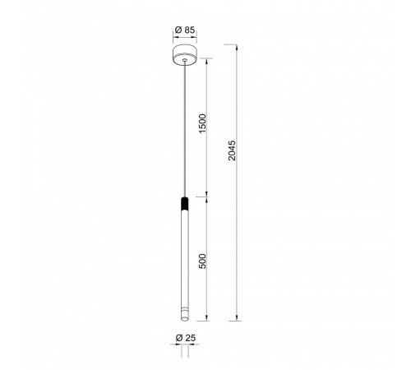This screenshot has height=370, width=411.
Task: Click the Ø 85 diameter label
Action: tap(185, 30)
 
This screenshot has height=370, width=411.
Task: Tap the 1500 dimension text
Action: tap(202, 123)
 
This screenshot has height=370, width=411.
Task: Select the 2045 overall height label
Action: tap(232, 150)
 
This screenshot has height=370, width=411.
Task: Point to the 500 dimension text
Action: tap(202, 261)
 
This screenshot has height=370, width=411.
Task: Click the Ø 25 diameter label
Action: tap(186, 338)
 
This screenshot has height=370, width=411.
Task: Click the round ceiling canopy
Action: tap(185, 55)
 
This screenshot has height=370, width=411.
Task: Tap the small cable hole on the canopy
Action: tap(185, 59)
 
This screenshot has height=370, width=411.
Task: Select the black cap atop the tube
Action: tap(185, 203)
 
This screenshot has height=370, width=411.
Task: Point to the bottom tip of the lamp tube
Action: tap(185, 320)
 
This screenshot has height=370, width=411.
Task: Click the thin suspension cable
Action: tap(185, 128)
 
